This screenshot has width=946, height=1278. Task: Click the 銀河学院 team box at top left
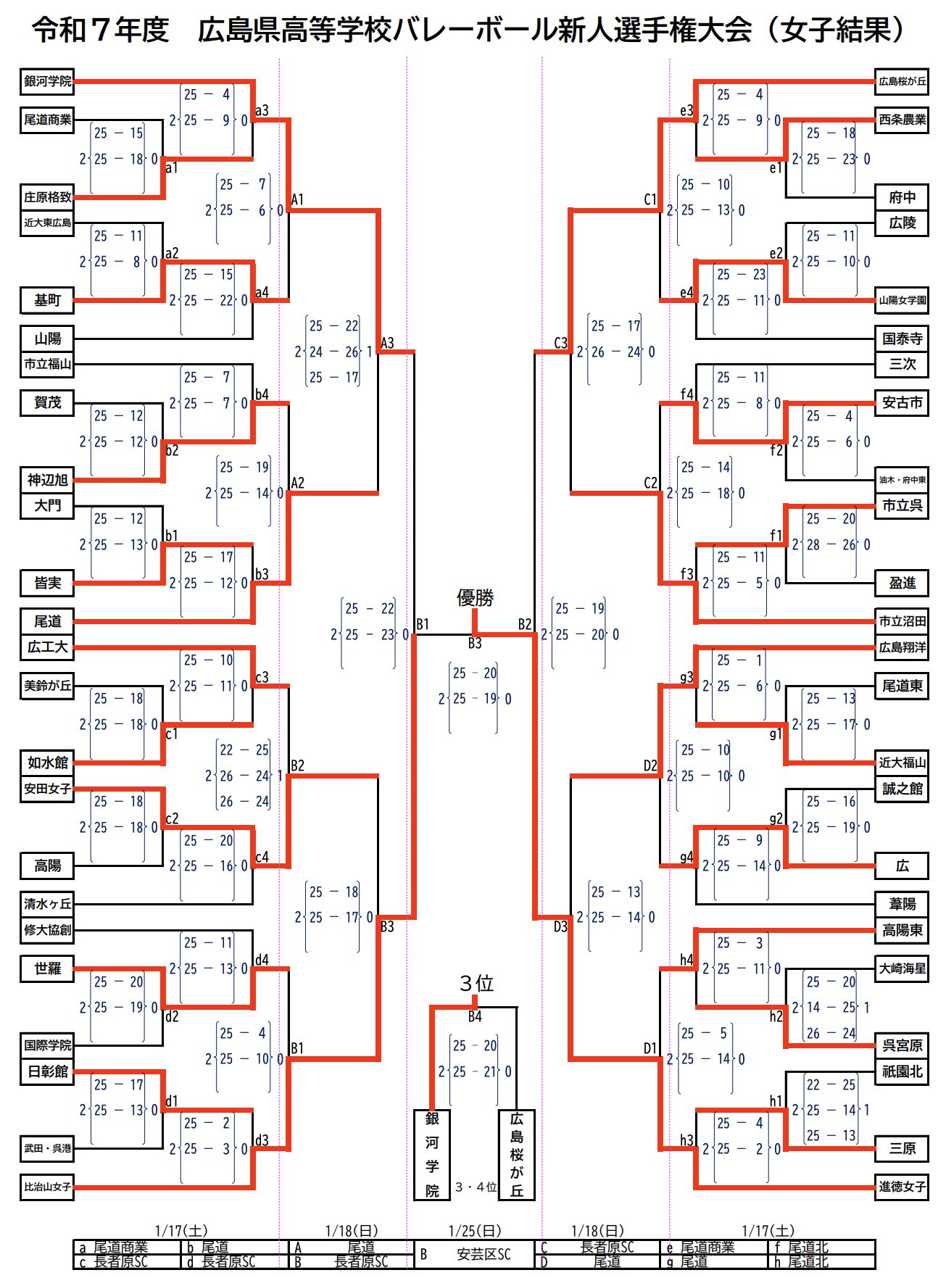(47, 81)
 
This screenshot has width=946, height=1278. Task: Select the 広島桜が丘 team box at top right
(902, 81)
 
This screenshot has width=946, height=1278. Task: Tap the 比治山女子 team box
(47, 1187)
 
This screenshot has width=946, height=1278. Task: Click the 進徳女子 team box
(902, 1187)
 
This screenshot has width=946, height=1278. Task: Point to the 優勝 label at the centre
(475, 597)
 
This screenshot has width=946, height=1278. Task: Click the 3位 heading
(476, 983)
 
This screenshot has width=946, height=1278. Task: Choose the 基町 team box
(47, 300)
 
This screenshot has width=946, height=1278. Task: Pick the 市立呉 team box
(902, 505)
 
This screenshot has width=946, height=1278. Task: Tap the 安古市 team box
(902, 402)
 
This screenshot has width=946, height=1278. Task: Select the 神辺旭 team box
(47, 479)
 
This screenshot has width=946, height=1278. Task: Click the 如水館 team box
(47, 763)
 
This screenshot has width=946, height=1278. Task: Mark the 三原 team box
(902, 1148)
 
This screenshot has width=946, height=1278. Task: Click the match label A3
(388, 343)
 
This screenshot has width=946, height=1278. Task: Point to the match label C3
(560, 343)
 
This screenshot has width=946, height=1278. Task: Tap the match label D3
(560, 926)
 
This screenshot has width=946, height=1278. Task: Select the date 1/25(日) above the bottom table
(475, 1231)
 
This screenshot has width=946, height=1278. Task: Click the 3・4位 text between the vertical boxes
(476, 1187)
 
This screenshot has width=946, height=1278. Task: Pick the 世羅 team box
(47, 968)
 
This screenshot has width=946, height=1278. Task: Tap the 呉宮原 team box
(902, 1045)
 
